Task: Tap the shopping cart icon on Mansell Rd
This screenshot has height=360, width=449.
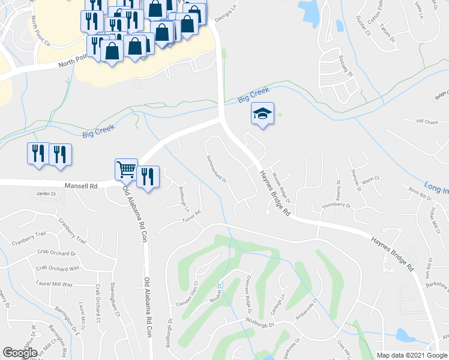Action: (x=126, y=170)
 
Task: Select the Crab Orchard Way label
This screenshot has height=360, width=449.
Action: (x=58, y=268)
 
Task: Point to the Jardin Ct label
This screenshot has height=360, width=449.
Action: (x=46, y=194)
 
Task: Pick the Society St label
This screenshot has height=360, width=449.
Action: (x=346, y=67)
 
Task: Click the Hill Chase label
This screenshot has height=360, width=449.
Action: (x=427, y=121)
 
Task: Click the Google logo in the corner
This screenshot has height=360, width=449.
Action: (x=19, y=353)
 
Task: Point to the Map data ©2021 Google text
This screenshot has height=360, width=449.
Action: (x=412, y=355)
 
